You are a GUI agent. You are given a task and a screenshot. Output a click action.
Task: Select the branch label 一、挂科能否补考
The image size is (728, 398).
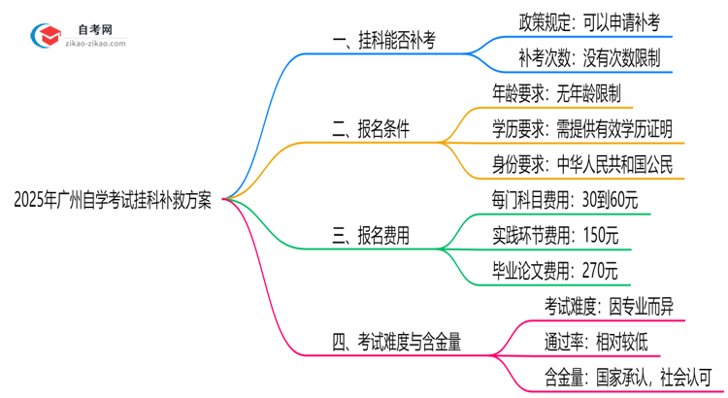point(382,40)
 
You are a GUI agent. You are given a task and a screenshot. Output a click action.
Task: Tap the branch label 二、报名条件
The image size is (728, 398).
point(370,127)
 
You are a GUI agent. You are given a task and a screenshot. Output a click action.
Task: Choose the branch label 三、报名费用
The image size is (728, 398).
point(370,234)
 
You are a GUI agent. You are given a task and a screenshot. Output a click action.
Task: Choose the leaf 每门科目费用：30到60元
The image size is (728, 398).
point(565,199)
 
